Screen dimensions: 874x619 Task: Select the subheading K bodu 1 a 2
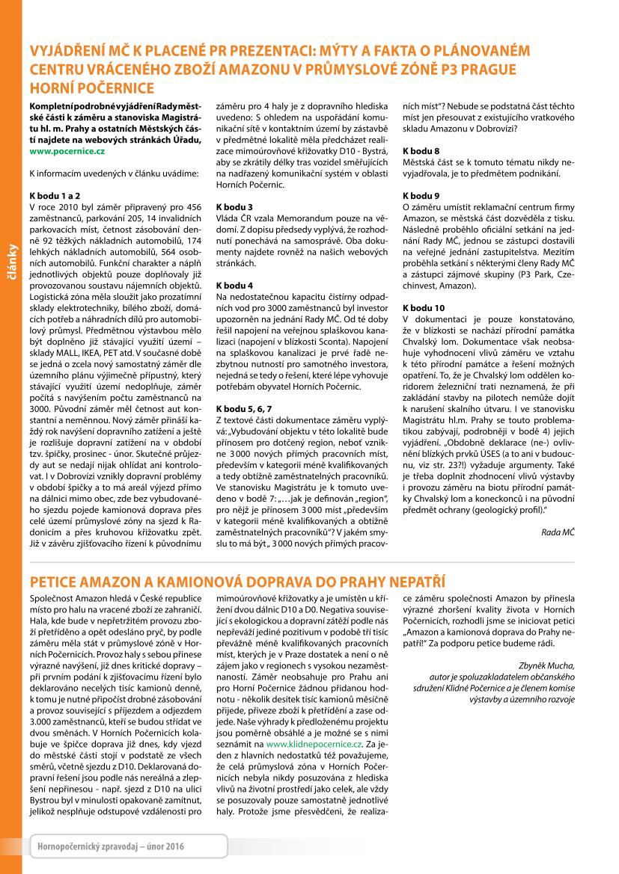(55, 194)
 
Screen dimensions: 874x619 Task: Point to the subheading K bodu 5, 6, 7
(244, 409)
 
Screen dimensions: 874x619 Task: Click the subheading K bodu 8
(421, 151)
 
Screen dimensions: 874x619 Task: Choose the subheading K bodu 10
(424, 307)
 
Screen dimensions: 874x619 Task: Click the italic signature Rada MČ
(558, 531)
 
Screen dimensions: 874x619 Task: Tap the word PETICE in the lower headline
(56, 581)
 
